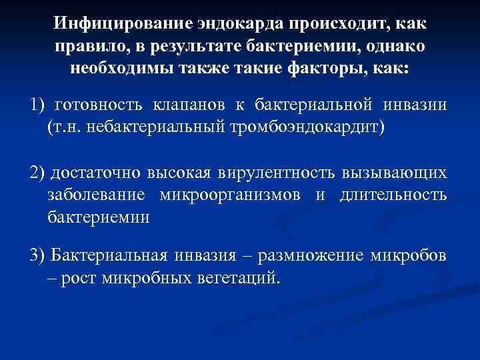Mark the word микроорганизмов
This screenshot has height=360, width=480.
(231, 195)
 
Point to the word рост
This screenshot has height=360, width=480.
(79, 277)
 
